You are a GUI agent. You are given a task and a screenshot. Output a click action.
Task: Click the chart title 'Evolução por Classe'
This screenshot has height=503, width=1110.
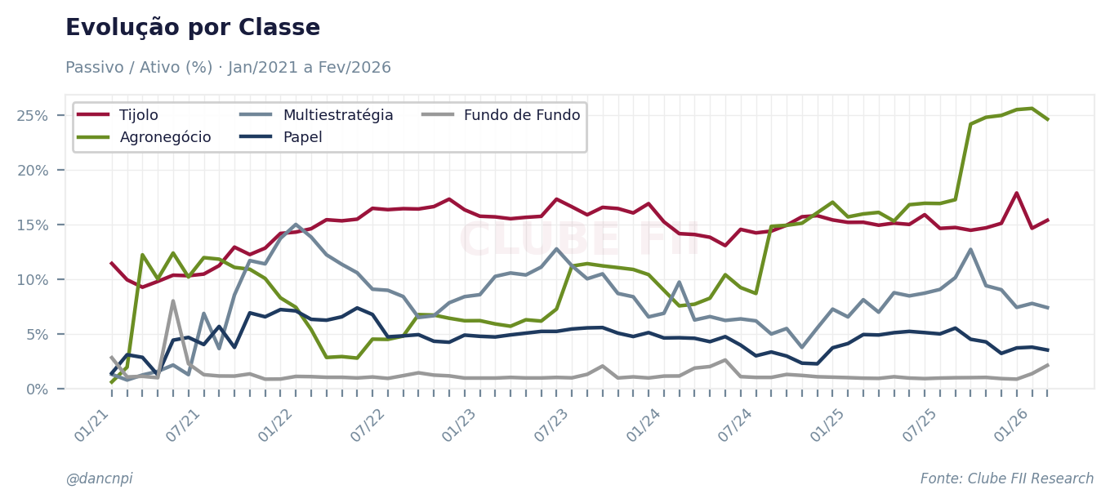[193, 29]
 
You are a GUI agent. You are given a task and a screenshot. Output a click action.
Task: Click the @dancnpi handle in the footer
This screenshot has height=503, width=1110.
[99, 479]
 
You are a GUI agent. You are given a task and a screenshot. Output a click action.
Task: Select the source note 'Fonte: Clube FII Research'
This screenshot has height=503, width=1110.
[1006, 479]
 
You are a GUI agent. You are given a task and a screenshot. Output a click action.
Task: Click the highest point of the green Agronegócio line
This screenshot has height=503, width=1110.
[1032, 109]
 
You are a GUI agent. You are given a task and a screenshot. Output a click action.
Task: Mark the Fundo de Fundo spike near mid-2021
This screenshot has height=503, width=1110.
[173, 300]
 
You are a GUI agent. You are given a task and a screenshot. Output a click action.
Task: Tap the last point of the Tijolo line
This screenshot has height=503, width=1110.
[1048, 220]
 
